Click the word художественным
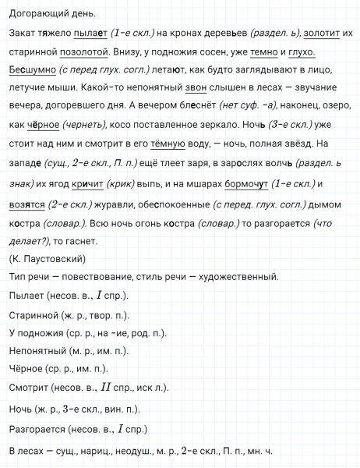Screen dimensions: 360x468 [237, 278]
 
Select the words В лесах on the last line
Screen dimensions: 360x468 [26, 450]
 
